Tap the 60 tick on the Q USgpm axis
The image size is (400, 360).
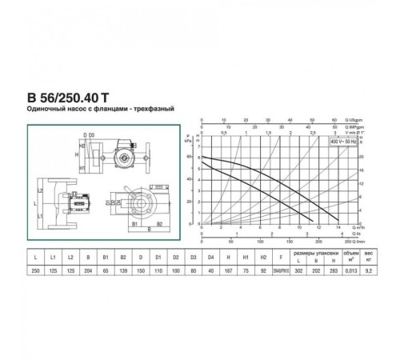coord(330,124)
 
